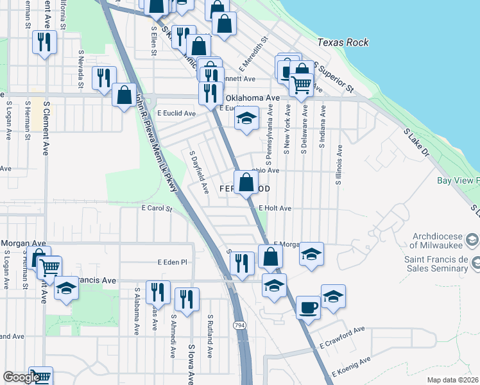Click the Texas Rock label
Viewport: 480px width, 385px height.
point(343,42)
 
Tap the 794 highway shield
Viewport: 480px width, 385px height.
point(239,325)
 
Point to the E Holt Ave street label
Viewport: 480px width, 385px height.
point(275,209)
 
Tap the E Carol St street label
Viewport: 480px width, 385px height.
point(157,209)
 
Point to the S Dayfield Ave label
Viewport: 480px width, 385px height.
point(198,173)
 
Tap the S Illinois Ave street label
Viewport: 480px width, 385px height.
point(338,165)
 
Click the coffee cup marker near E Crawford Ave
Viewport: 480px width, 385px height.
point(308,307)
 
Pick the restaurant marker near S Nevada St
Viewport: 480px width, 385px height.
point(104,78)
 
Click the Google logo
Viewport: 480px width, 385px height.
point(21,377)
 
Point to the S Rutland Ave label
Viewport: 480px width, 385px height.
point(210,336)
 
